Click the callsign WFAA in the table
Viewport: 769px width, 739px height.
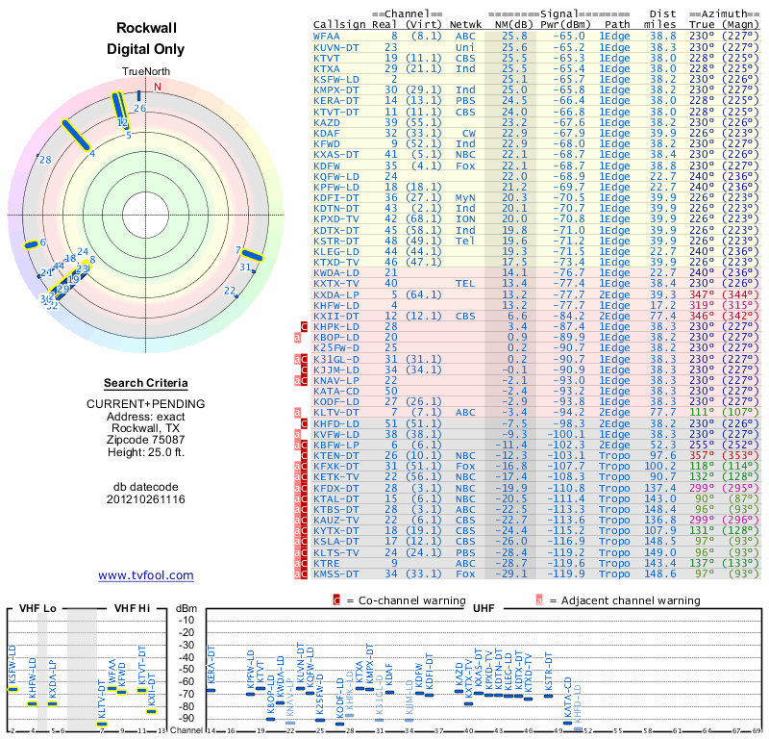[327, 36]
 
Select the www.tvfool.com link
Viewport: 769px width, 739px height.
[146, 575]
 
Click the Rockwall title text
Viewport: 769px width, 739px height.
[146, 29]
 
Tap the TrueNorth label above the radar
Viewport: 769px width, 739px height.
[145, 72]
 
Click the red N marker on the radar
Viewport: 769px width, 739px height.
[158, 86]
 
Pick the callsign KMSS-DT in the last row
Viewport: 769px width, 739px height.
[336, 574]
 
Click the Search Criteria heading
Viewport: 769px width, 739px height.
[146, 383]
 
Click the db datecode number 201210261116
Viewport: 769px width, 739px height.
[146, 499]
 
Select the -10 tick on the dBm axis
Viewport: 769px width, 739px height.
[186, 619]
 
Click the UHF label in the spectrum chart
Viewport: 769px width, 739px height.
[484, 608]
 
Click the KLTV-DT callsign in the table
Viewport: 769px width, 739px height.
[336, 411]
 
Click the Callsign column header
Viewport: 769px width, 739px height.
[338, 23]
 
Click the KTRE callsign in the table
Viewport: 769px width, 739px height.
[327, 564]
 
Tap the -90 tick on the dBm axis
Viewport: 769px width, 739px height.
[186, 718]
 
